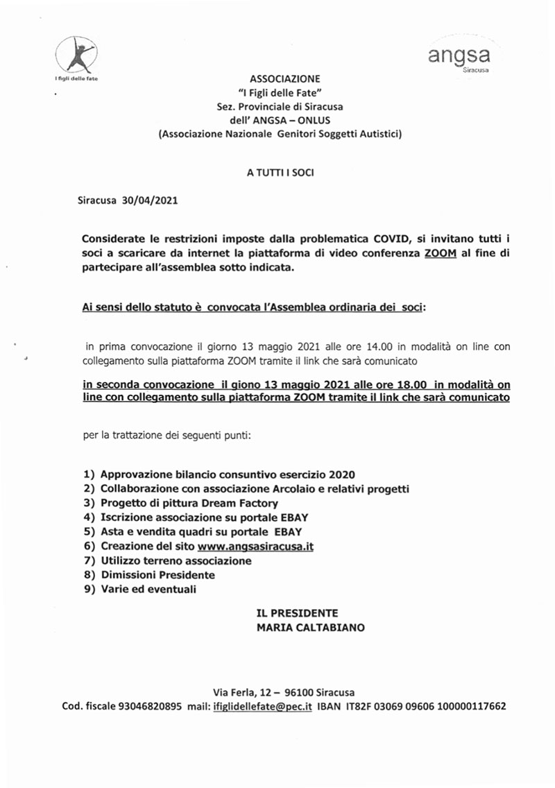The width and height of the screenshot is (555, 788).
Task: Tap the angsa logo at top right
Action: (x=459, y=58)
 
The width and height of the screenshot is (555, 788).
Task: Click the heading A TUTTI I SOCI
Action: (x=280, y=172)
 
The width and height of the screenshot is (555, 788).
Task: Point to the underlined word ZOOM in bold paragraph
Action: (x=440, y=254)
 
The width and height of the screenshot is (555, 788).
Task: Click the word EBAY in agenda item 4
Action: (x=290, y=517)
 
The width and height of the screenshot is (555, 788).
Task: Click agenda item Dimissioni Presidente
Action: (x=157, y=575)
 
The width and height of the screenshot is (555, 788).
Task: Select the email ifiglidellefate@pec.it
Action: (x=262, y=707)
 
